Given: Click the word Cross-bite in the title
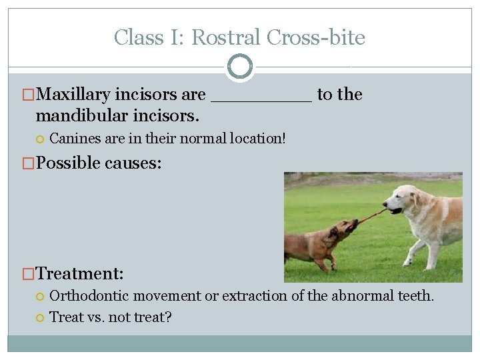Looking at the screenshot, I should (x=316, y=37).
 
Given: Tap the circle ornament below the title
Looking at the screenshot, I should (x=240, y=66).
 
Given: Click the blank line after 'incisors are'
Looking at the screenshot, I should (x=261, y=97).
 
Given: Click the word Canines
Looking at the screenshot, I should (x=72, y=139).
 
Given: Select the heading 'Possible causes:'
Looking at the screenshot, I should (x=98, y=163).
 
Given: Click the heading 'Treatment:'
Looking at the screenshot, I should (x=80, y=273).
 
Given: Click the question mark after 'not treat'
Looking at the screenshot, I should (x=168, y=317).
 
